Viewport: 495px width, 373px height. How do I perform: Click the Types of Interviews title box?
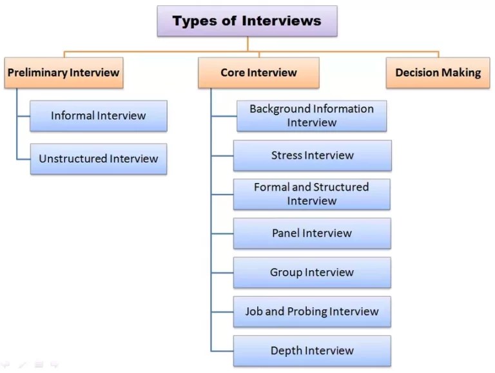pyautogui.click(x=247, y=21)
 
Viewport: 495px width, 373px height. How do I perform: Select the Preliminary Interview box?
pyautogui.click(x=63, y=73)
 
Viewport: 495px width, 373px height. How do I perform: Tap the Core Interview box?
pyautogui.click(x=258, y=73)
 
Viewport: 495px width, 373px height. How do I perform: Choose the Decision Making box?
pyautogui.click(x=438, y=73)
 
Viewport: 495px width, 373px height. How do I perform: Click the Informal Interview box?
pyautogui.click(x=99, y=116)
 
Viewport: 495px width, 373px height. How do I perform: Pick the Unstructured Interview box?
pyautogui.click(x=99, y=158)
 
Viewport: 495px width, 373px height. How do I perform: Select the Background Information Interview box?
pyautogui.click(x=311, y=116)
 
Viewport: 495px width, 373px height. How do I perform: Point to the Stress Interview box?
pyautogui.click(x=312, y=155)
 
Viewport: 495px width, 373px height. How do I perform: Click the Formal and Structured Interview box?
pyautogui.click(x=311, y=194)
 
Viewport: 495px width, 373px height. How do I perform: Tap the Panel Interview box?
pyautogui.click(x=312, y=233)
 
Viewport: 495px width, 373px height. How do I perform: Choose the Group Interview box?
pyautogui.click(x=312, y=273)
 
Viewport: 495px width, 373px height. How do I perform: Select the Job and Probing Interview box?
pyautogui.click(x=312, y=312)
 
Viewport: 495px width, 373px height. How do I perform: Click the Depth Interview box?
pyautogui.click(x=312, y=351)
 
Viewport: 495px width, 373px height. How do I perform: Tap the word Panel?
pyautogui.click(x=286, y=233)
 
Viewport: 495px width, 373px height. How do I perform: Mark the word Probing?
pyautogui.click(x=307, y=312)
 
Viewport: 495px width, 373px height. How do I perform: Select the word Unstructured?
pyautogui.click(x=73, y=158)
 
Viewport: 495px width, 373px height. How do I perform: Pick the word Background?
pyautogui.click(x=279, y=109)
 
